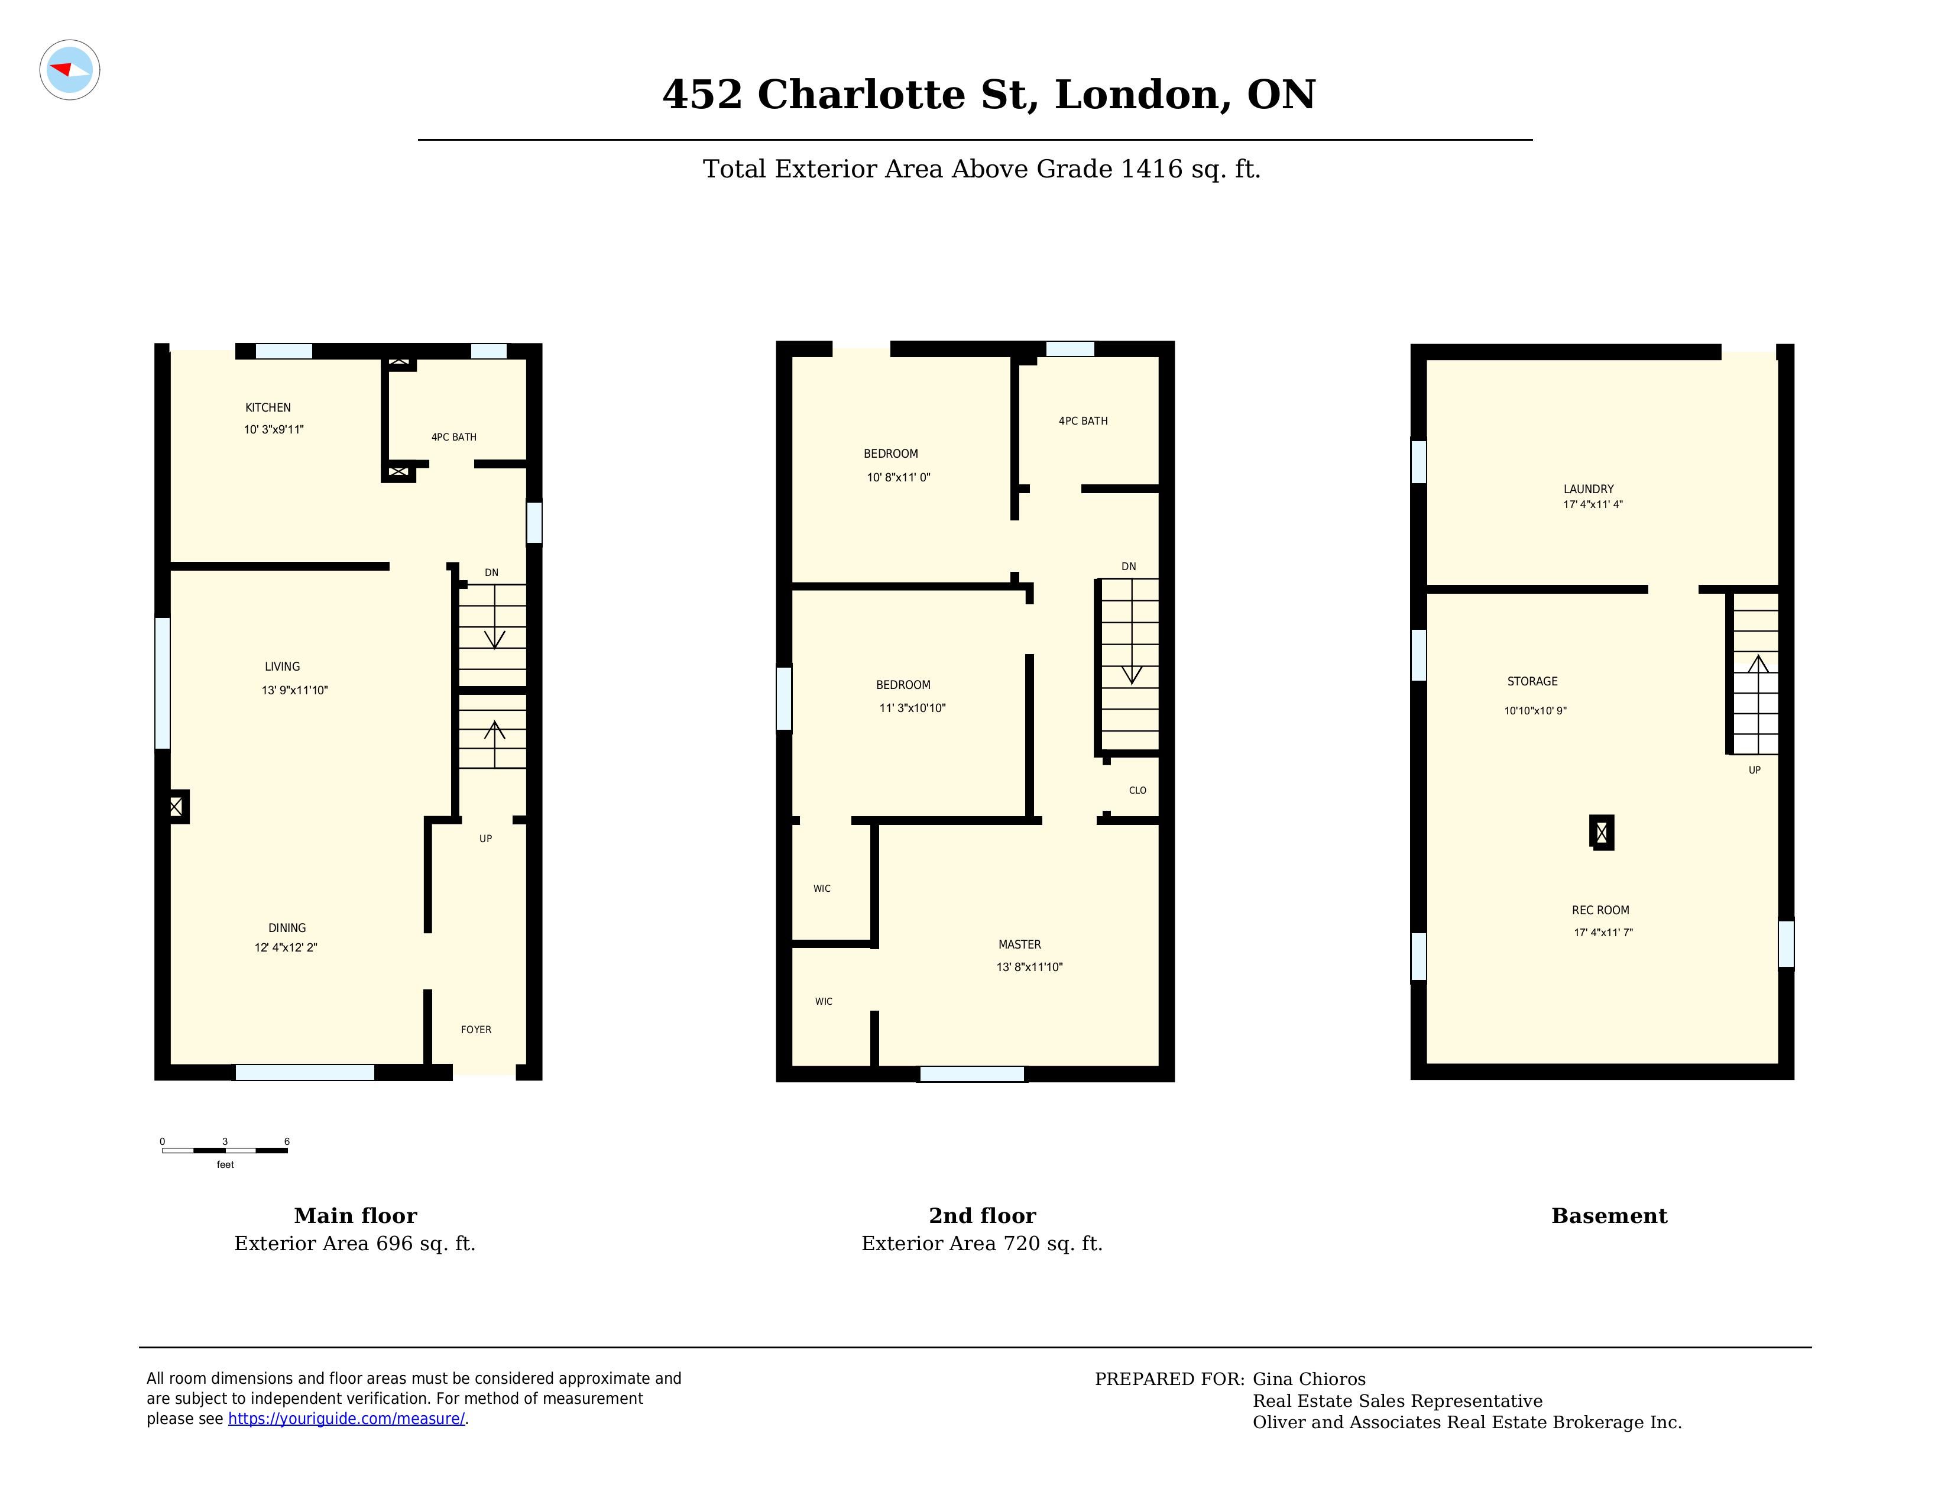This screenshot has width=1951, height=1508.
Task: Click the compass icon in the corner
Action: (70, 70)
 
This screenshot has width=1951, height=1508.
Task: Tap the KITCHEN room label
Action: (268, 407)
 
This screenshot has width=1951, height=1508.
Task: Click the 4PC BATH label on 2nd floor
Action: (1083, 421)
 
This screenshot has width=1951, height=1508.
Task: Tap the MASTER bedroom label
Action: (1019, 944)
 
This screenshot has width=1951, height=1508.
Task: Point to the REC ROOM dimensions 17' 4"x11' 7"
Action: (1603, 933)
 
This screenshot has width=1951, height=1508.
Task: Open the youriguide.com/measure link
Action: (346, 1419)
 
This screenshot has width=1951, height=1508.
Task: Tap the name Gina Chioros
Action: (1309, 1379)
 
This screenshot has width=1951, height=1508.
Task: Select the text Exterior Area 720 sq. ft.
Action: (982, 1244)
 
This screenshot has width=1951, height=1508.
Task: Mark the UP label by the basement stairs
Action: (1755, 770)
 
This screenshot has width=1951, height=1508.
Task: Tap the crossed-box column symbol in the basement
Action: (1602, 833)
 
